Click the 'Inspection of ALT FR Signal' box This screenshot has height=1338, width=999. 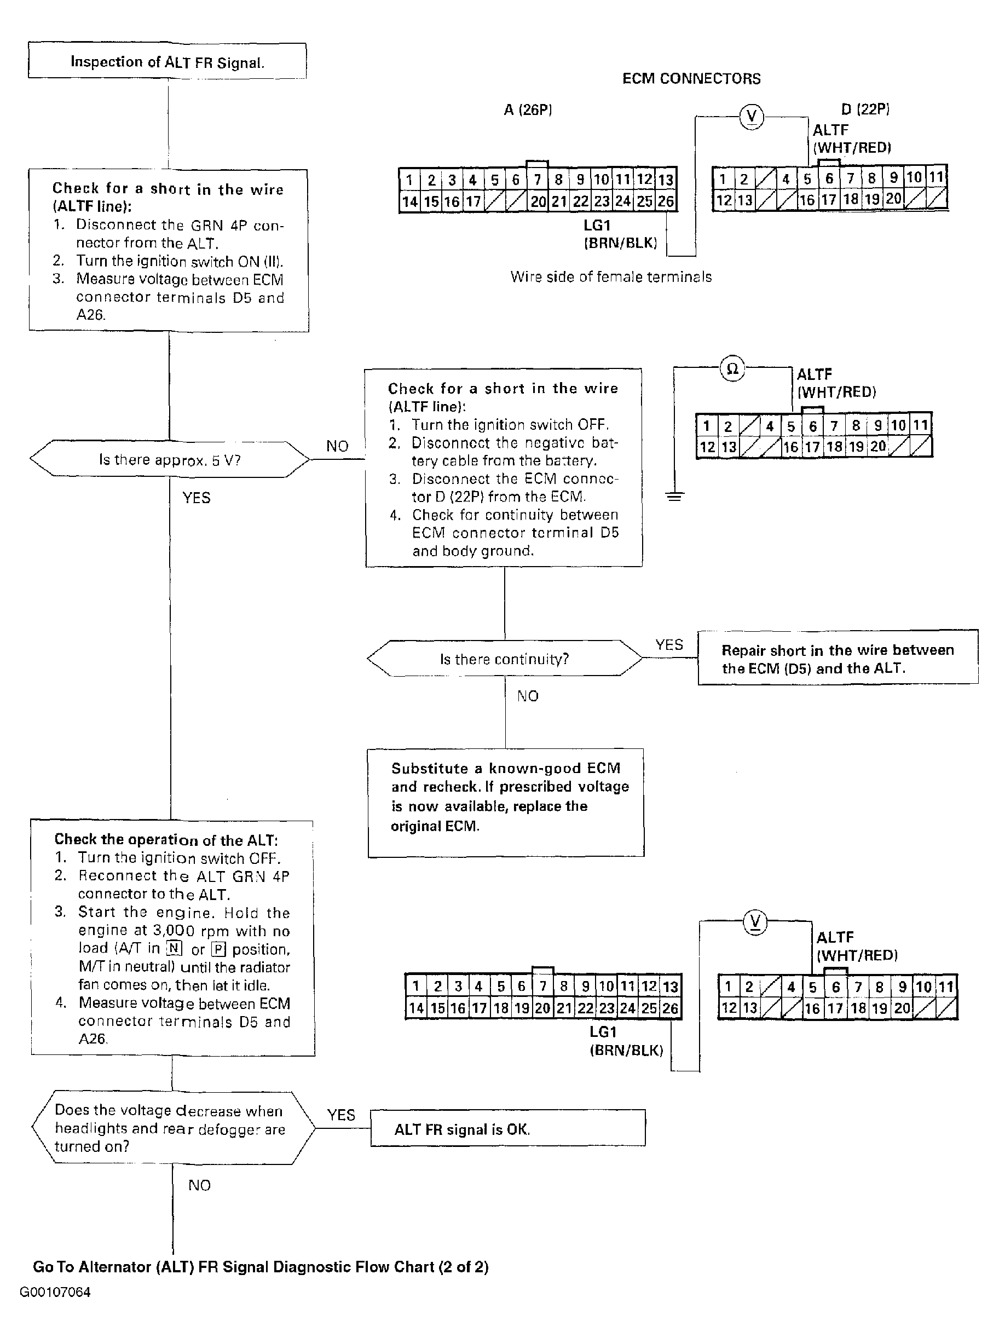[x=167, y=61]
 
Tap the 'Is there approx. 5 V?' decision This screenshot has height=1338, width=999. [x=169, y=460]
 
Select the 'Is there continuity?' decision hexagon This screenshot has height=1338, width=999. [x=504, y=659]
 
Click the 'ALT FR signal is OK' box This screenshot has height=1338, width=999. [x=507, y=1129]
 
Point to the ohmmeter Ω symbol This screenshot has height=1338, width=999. [x=732, y=368]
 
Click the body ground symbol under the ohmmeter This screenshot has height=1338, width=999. [x=675, y=497]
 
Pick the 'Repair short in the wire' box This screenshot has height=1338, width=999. [x=838, y=658]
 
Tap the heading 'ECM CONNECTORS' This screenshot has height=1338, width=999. [x=691, y=79]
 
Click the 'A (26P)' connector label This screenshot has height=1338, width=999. [x=528, y=109]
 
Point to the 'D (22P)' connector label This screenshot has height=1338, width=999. [x=865, y=109]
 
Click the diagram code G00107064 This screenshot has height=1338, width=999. [x=55, y=1292]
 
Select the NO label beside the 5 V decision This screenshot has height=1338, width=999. [x=337, y=446]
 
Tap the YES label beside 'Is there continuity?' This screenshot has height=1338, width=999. [x=669, y=645]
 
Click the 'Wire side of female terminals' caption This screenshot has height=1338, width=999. [x=611, y=277]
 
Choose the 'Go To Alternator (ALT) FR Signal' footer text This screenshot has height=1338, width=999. [x=260, y=1267]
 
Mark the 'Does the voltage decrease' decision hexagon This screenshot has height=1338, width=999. [x=172, y=1128]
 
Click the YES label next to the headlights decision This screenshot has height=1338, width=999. [x=341, y=1115]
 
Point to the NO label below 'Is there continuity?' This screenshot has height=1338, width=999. [x=527, y=696]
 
